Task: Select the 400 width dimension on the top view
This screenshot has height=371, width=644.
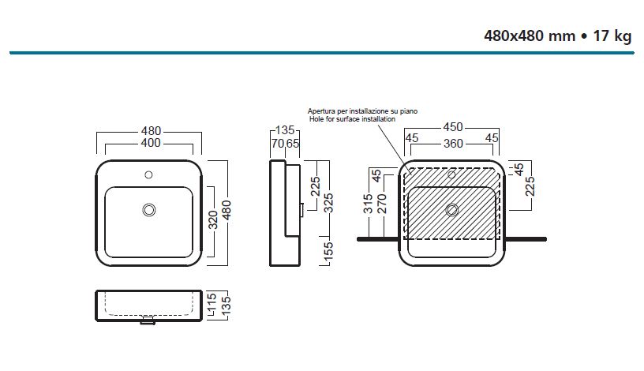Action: tap(150, 143)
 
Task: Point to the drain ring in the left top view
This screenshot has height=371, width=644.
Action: tap(148, 209)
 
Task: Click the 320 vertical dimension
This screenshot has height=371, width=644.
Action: tap(212, 219)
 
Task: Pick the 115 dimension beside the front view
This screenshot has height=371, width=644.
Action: tap(212, 302)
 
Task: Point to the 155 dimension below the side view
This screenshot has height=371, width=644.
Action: tap(328, 252)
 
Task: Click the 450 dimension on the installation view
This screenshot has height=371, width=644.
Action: tap(452, 127)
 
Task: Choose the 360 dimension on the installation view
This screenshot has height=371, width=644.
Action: tap(452, 143)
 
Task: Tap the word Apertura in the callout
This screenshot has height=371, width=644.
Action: tap(322, 111)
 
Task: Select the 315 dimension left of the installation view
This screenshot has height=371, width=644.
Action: tap(368, 204)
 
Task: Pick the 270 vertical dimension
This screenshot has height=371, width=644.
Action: tap(382, 204)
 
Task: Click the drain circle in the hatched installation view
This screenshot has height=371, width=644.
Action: tap(451, 209)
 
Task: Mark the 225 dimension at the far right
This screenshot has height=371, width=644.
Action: tap(531, 185)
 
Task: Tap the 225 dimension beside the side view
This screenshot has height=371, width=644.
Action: tap(316, 185)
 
